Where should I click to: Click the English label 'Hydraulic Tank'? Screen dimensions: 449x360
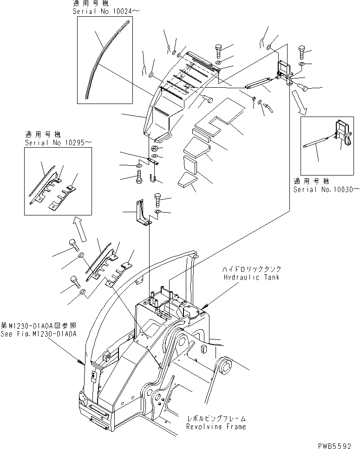(251, 277)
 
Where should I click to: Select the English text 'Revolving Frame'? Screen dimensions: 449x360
(216, 426)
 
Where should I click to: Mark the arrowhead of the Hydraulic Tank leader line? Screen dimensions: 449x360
(203, 308)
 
